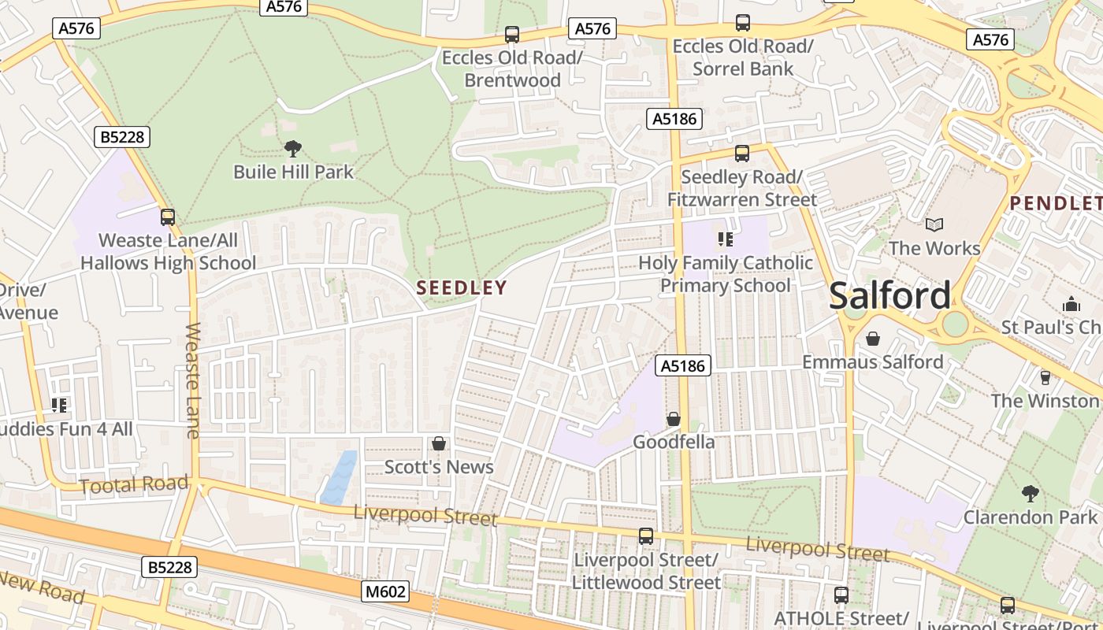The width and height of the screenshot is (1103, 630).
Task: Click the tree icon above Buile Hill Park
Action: coord(292,148)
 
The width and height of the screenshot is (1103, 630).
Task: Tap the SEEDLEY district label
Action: coord(462,287)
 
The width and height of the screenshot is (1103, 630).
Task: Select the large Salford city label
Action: coord(889,296)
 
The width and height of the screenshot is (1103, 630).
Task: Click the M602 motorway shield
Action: coord(386,591)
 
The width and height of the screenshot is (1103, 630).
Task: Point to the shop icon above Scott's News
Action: coord(439,444)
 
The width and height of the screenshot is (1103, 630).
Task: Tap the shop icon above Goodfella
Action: coord(674,419)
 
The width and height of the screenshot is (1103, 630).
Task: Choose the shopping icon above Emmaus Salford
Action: coord(873,339)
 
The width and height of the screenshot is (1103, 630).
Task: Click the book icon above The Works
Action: coord(934,225)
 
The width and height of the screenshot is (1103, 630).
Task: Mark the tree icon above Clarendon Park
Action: coord(1030,494)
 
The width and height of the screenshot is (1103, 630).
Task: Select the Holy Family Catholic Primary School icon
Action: coord(725,239)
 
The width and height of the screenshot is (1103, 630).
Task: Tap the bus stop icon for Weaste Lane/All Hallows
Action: coord(168,217)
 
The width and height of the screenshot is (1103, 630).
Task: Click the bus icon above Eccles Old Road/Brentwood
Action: coord(512,35)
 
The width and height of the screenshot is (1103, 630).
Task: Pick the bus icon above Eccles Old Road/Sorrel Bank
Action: coord(742,23)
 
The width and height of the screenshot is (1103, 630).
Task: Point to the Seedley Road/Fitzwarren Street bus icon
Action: coord(741,154)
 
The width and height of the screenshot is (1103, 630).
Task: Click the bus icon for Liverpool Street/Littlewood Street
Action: coord(646,536)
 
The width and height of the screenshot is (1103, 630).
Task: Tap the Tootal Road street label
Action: coord(134,484)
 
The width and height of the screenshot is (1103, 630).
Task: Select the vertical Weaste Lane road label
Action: coord(193,380)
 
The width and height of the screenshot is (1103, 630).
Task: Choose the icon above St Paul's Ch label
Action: coord(1071,304)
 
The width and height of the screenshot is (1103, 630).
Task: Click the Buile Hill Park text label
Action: coord(294,172)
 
